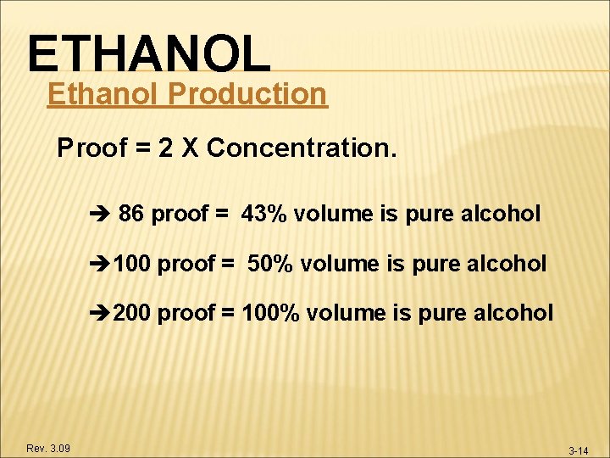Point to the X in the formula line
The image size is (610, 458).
pos(187,148)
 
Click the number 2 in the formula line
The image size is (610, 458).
pos(165,148)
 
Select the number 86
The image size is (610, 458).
pos(131,214)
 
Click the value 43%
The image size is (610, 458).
pos(264,214)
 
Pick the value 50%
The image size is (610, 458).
pos(270,264)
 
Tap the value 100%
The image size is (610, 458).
pos(270,313)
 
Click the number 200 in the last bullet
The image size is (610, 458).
pos(132,313)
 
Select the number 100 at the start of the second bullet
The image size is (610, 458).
pos(132,264)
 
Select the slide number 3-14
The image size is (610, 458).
pos(578,450)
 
